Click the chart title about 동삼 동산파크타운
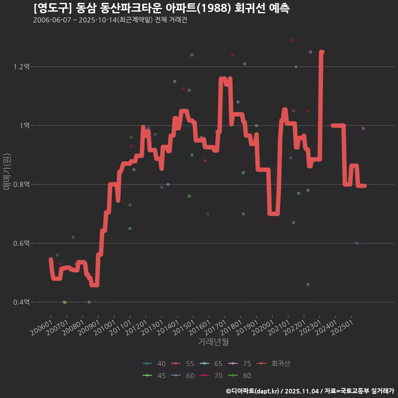click(x=161, y=8)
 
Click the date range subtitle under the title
click(x=110, y=20)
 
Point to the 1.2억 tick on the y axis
click(x=22, y=67)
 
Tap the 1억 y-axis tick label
click(x=23, y=126)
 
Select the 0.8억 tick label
click(x=22, y=184)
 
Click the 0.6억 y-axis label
click(x=22, y=243)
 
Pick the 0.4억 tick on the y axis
click(x=22, y=302)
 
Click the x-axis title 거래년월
click(x=213, y=342)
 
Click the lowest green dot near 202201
click(x=308, y=284)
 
